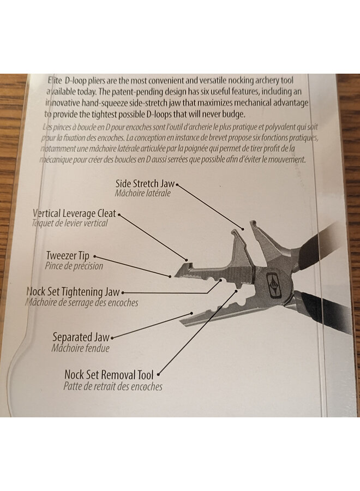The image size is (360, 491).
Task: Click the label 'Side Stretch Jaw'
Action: [x=145, y=184]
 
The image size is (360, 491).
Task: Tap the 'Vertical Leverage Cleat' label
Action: [x=74, y=213]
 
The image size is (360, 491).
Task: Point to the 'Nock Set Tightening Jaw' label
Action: [x=73, y=292]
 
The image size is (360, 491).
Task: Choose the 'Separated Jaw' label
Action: [x=81, y=337]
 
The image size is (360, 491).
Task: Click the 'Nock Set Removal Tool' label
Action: [x=109, y=375]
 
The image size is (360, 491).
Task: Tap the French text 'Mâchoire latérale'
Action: [x=143, y=194]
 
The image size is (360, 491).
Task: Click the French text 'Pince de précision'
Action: [x=74, y=266]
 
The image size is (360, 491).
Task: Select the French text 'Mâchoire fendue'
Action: [x=81, y=348]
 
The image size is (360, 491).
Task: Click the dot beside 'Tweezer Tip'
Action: [x=94, y=255]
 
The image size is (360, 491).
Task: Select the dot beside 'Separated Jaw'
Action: [x=112, y=338]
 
